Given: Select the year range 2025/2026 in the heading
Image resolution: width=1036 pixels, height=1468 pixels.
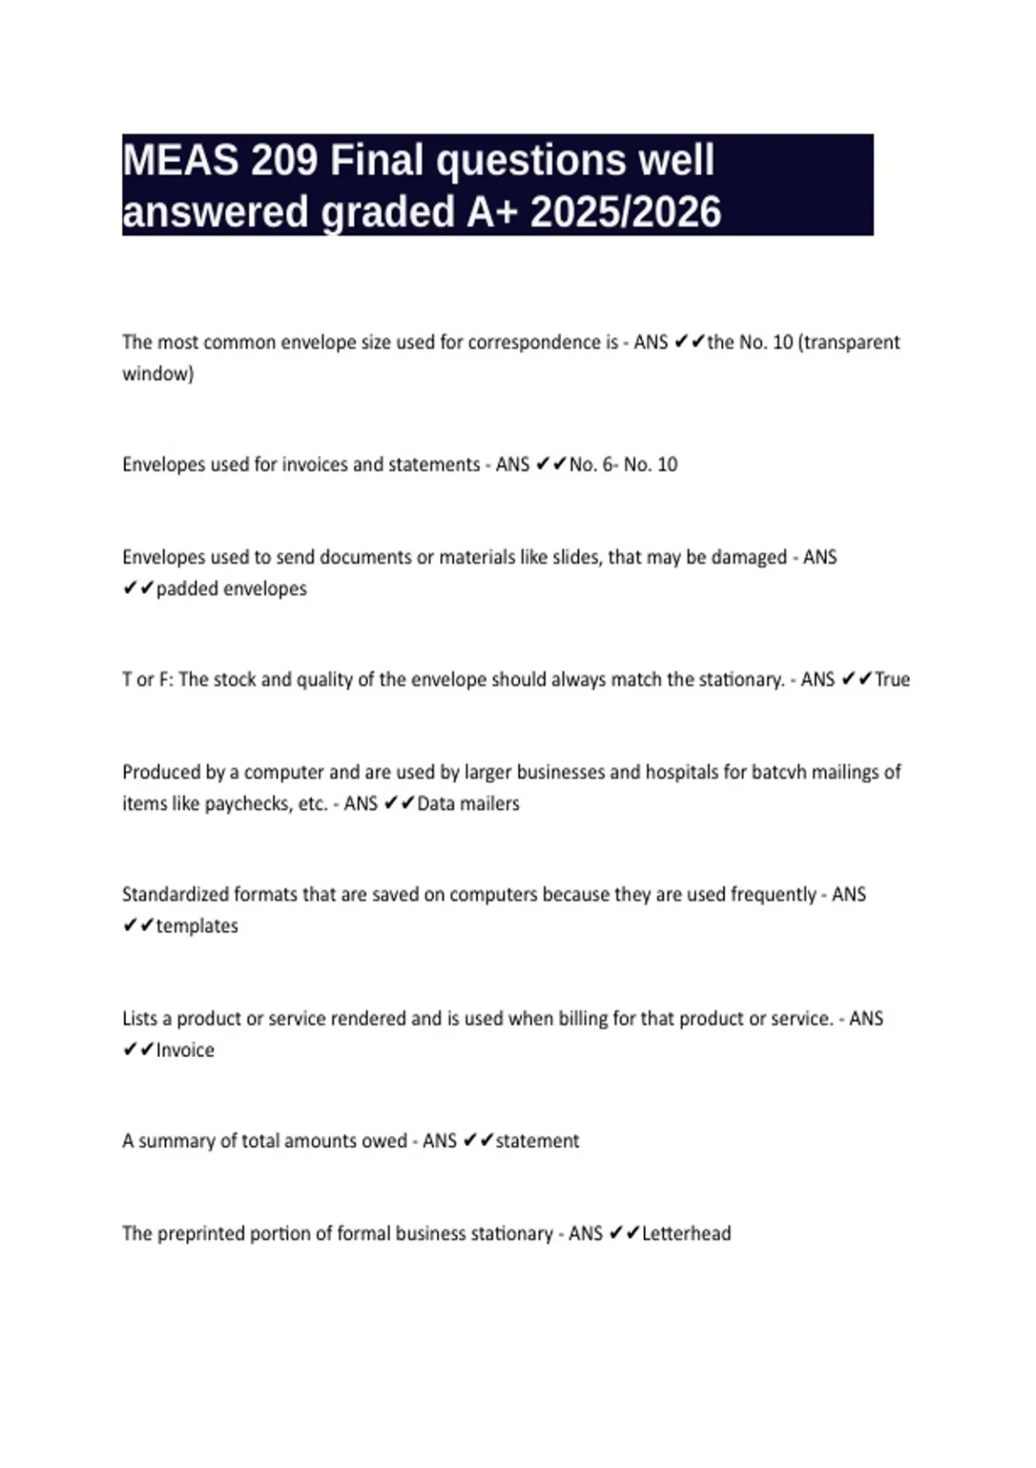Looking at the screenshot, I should (625, 212).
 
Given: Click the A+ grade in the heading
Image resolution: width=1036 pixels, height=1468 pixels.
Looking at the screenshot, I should (491, 212).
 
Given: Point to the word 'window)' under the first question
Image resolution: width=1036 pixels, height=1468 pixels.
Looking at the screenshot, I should (158, 374).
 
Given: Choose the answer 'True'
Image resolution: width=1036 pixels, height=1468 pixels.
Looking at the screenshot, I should (892, 680).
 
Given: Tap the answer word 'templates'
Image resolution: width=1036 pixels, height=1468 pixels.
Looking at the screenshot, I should (197, 926).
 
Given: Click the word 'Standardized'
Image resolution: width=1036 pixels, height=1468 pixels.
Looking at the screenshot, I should (175, 895).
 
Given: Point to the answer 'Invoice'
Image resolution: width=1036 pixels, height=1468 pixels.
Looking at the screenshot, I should (185, 1050).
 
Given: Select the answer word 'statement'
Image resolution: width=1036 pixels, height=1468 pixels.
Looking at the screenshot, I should (537, 1141).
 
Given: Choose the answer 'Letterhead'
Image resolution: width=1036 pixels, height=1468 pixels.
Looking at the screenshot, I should (686, 1233).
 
